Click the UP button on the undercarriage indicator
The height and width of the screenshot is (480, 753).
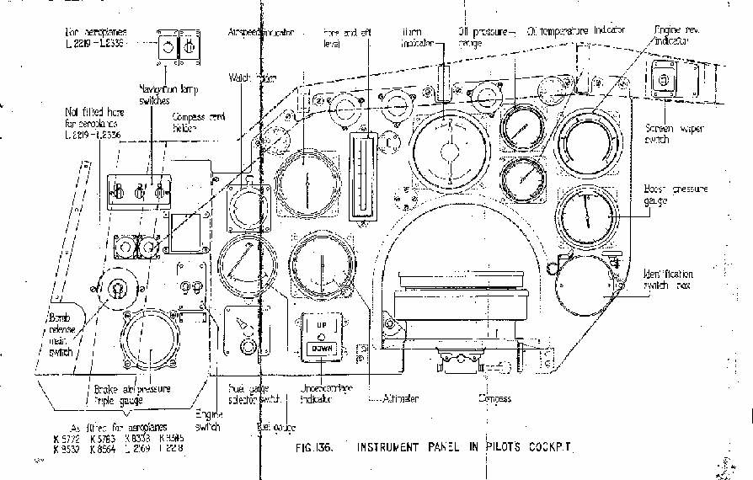(x=322, y=323)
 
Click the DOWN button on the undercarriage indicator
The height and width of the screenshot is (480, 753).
(x=322, y=346)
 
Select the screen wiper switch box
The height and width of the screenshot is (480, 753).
(x=665, y=82)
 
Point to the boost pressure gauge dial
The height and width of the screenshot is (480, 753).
(x=585, y=217)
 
